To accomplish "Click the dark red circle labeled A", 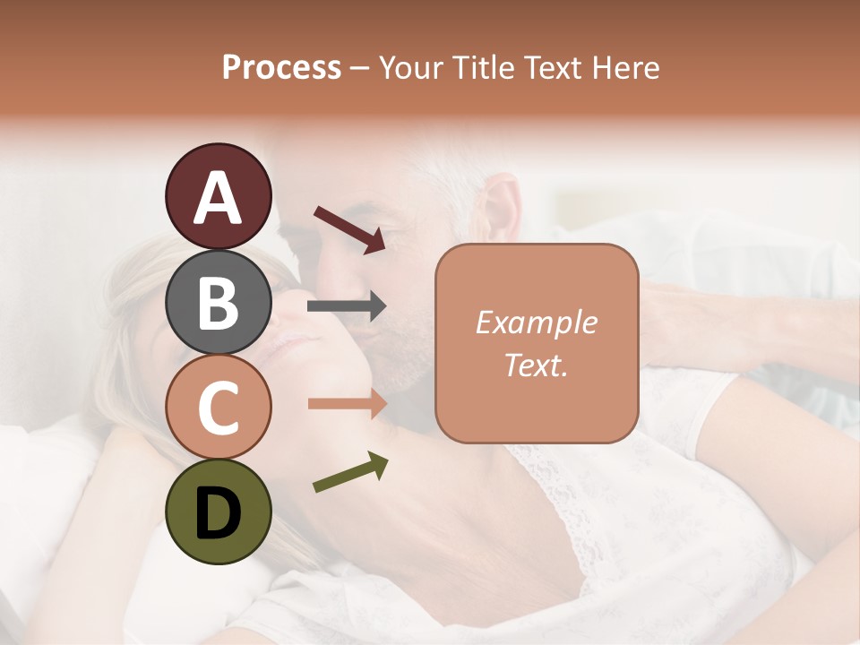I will (x=219, y=197).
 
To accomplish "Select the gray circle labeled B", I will (x=219, y=302).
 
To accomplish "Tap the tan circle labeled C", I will (x=219, y=407).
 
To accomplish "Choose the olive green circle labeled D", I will (x=219, y=512).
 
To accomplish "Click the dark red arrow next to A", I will (x=349, y=228).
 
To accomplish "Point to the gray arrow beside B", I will (x=347, y=306).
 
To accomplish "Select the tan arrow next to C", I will (x=347, y=404).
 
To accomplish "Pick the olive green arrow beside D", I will (x=350, y=473).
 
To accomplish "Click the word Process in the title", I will (x=281, y=67).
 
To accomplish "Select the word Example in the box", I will (x=536, y=322).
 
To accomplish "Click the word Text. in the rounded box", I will (x=536, y=365).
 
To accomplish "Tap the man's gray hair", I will (x=448, y=170).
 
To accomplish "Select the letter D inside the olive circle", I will (x=219, y=512).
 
